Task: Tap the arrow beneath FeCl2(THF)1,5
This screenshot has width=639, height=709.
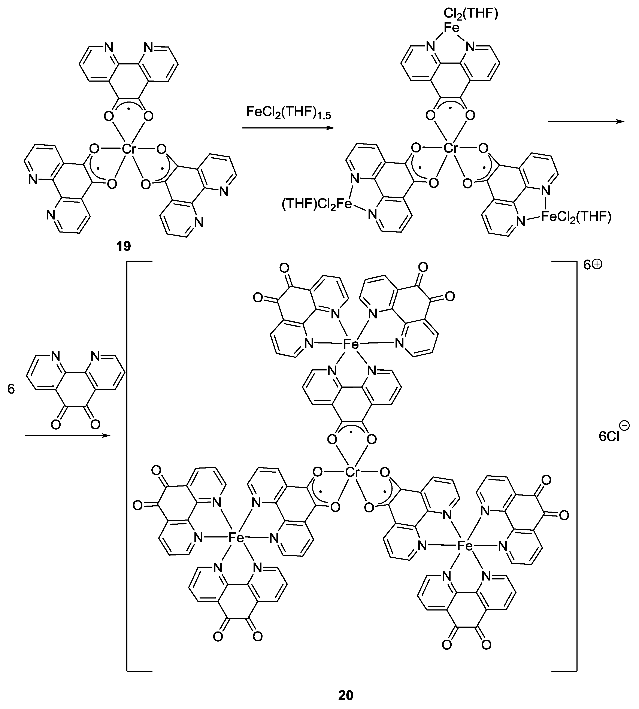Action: pos(288,128)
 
